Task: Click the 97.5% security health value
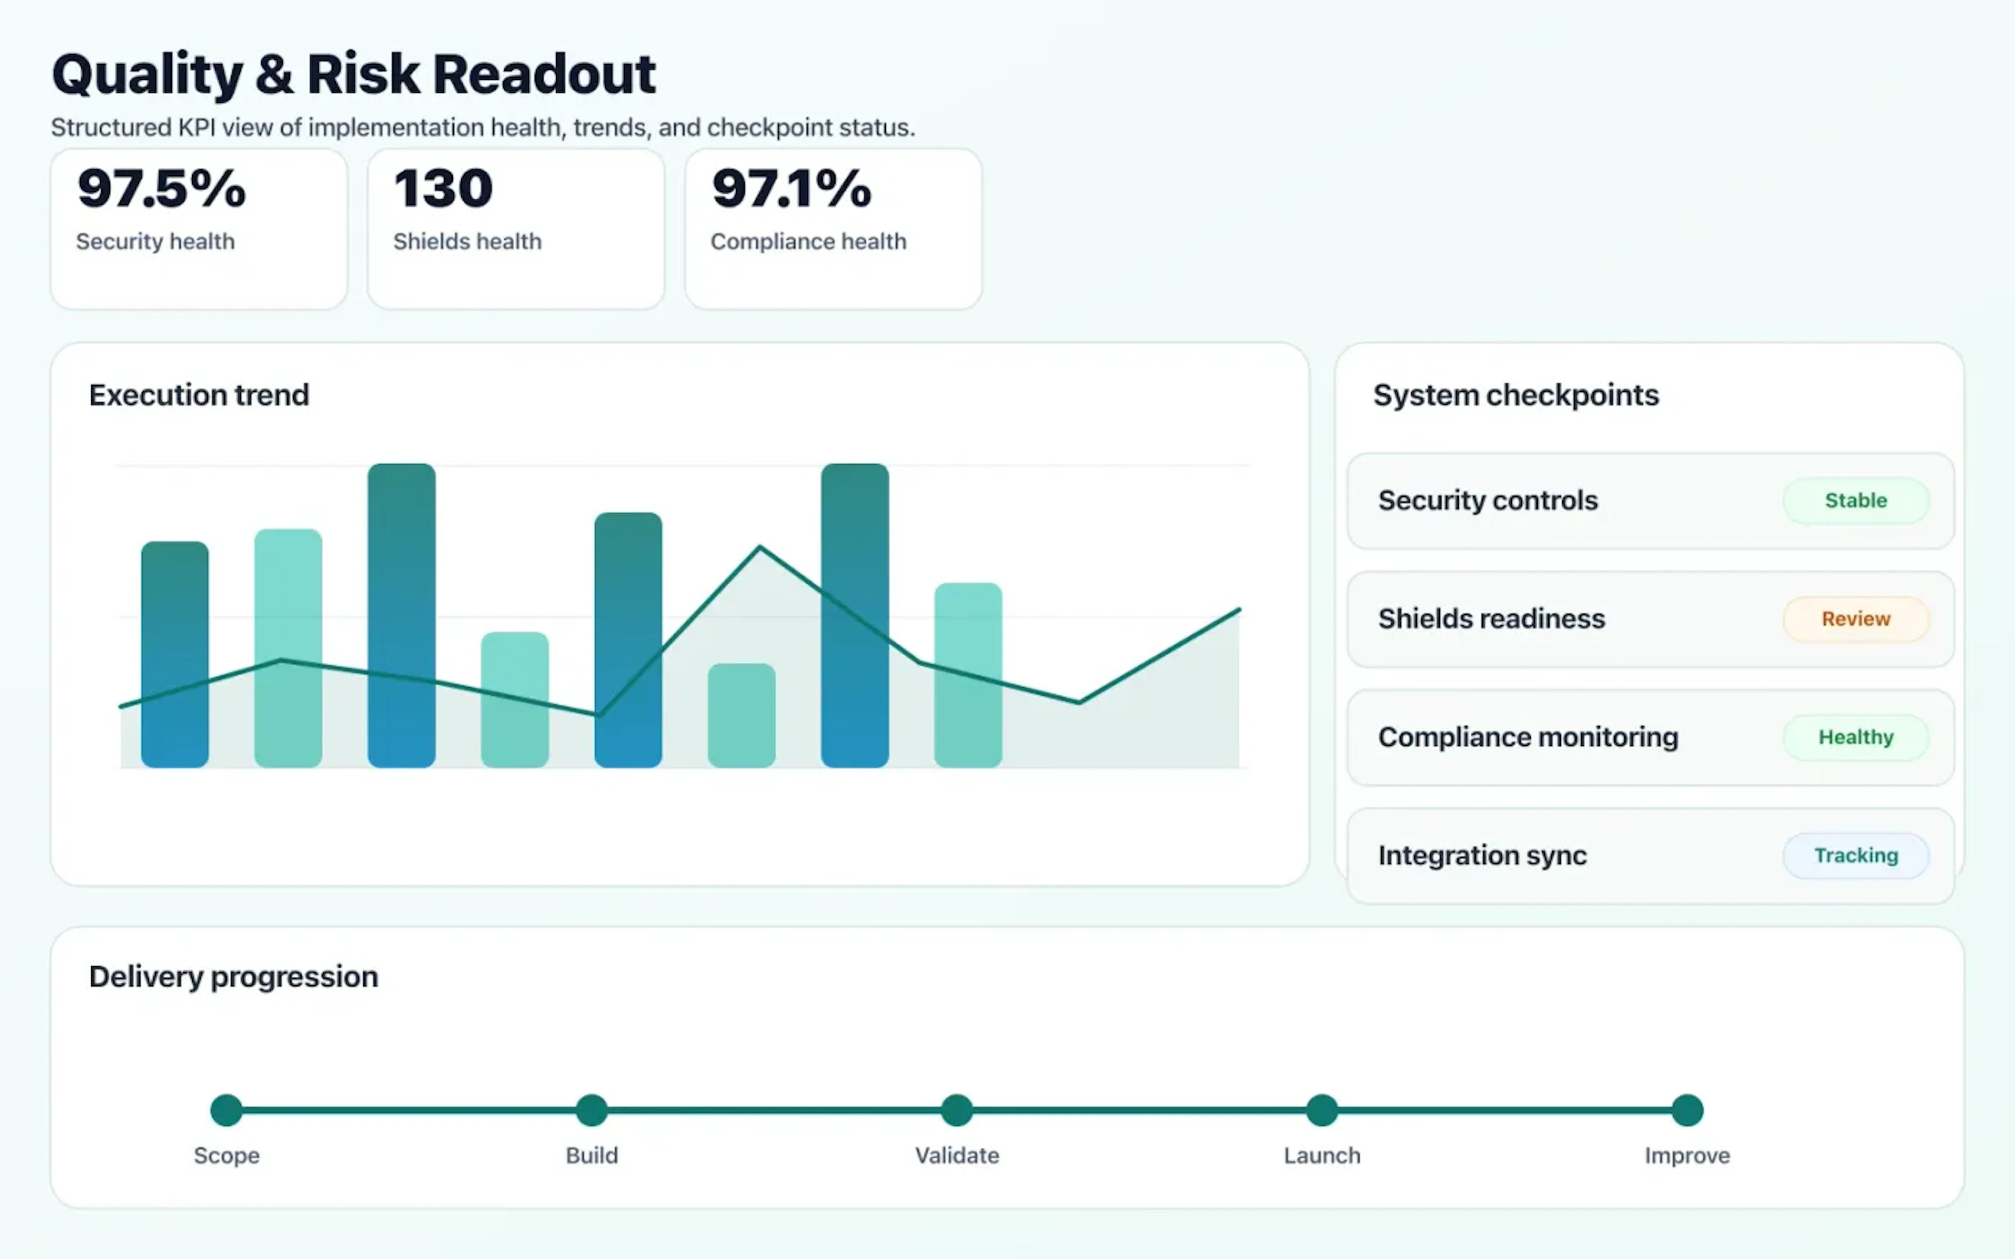coord(162,188)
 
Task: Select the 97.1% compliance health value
coord(791,188)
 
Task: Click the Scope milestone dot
coord(227,1110)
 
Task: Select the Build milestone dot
coord(592,1110)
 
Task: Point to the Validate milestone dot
coord(957,1110)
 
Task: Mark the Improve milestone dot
coord(1687,1110)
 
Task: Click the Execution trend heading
coord(199,394)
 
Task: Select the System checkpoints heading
coord(1515,394)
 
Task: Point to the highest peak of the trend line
coord(759,547)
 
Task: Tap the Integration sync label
coord(1482,855)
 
